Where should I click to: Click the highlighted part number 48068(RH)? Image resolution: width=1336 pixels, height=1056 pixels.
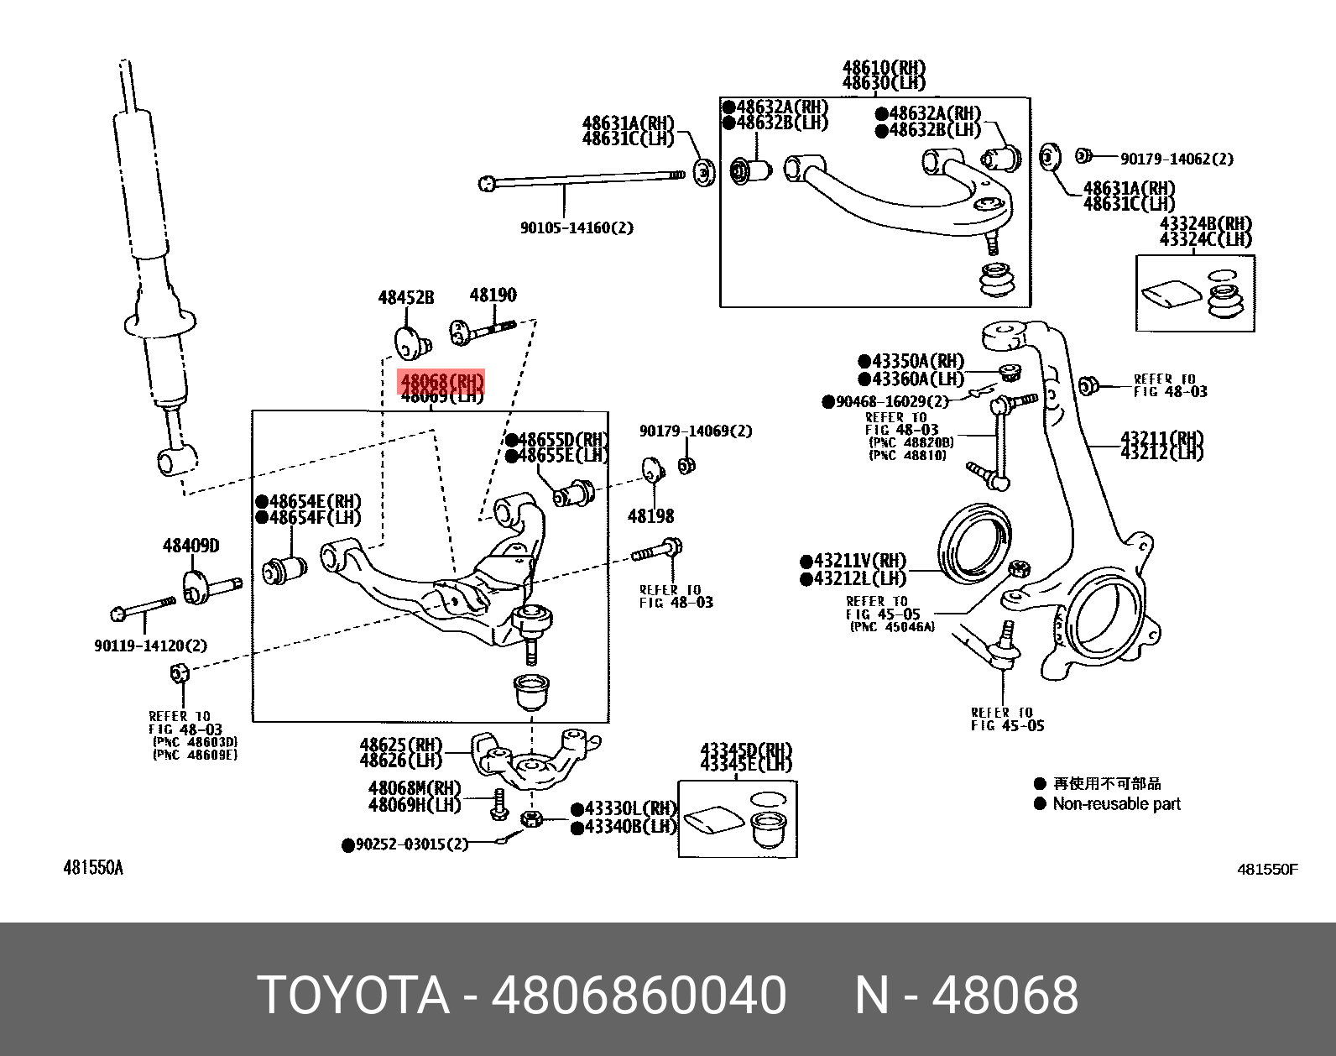(x=441, y=383)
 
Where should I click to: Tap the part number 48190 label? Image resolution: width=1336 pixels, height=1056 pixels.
(x=493, y=295)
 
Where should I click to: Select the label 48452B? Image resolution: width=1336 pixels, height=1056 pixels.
(x=406, y=297)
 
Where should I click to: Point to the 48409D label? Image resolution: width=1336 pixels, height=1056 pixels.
(x=190, y=546)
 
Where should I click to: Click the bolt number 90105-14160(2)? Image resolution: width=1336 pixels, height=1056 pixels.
(x=577, y=227)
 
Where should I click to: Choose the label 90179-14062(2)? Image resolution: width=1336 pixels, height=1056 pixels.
(x=1177, y=159)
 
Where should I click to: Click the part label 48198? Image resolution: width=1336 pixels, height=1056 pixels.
(x=650, y=516)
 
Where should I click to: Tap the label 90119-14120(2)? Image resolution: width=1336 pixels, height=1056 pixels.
(x=150, y=646)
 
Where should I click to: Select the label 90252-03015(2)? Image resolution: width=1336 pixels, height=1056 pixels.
(x=411, y=844)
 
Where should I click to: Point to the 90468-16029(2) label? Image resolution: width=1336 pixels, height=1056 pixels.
(x=891, y=402)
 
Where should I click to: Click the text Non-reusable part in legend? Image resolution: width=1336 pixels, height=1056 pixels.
(x=1116, y=804)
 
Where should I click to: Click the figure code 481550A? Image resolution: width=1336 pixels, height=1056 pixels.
(x=93, y=868)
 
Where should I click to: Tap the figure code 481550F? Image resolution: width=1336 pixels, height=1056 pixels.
(x=1267, y=870)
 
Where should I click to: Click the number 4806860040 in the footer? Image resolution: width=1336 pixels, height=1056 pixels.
(x=639, y=996)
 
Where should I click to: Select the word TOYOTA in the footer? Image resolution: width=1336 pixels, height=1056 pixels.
(x=353, y=996)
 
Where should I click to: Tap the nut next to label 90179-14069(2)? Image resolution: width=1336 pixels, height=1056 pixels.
(x=686, y=465)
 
